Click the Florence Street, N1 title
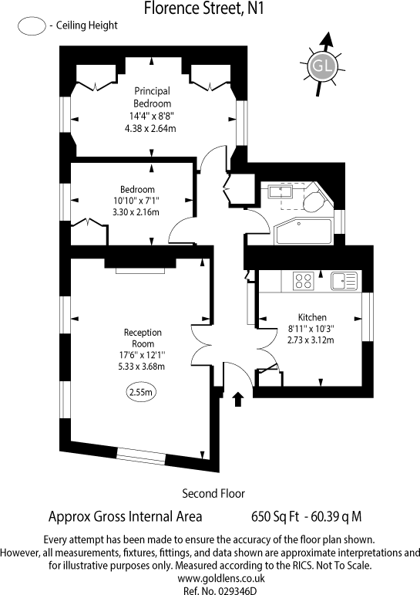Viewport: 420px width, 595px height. [x=209, y=8]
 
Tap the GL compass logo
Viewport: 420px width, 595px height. [x=321, y=66]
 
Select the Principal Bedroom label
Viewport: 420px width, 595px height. [x=152, y=96]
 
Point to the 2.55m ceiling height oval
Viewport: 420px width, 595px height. [x=142, y=393]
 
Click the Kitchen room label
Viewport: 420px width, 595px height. [x=312, y=317]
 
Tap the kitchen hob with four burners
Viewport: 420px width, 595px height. [x=302, y=280]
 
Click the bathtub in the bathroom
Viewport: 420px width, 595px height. [x=302, y=232]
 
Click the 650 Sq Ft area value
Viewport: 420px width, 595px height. [x=274, y=516]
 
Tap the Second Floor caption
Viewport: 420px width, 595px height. [x=213, y=492]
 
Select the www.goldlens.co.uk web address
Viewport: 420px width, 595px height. [x=210, y=577]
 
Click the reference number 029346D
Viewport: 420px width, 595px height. [x=210, y=590]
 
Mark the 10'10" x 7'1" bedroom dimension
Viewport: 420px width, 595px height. [x=136, y=201]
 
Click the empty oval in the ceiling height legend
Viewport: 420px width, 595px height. [x=31, y=25]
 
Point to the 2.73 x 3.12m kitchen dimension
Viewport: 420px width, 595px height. [x=312, y=339]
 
